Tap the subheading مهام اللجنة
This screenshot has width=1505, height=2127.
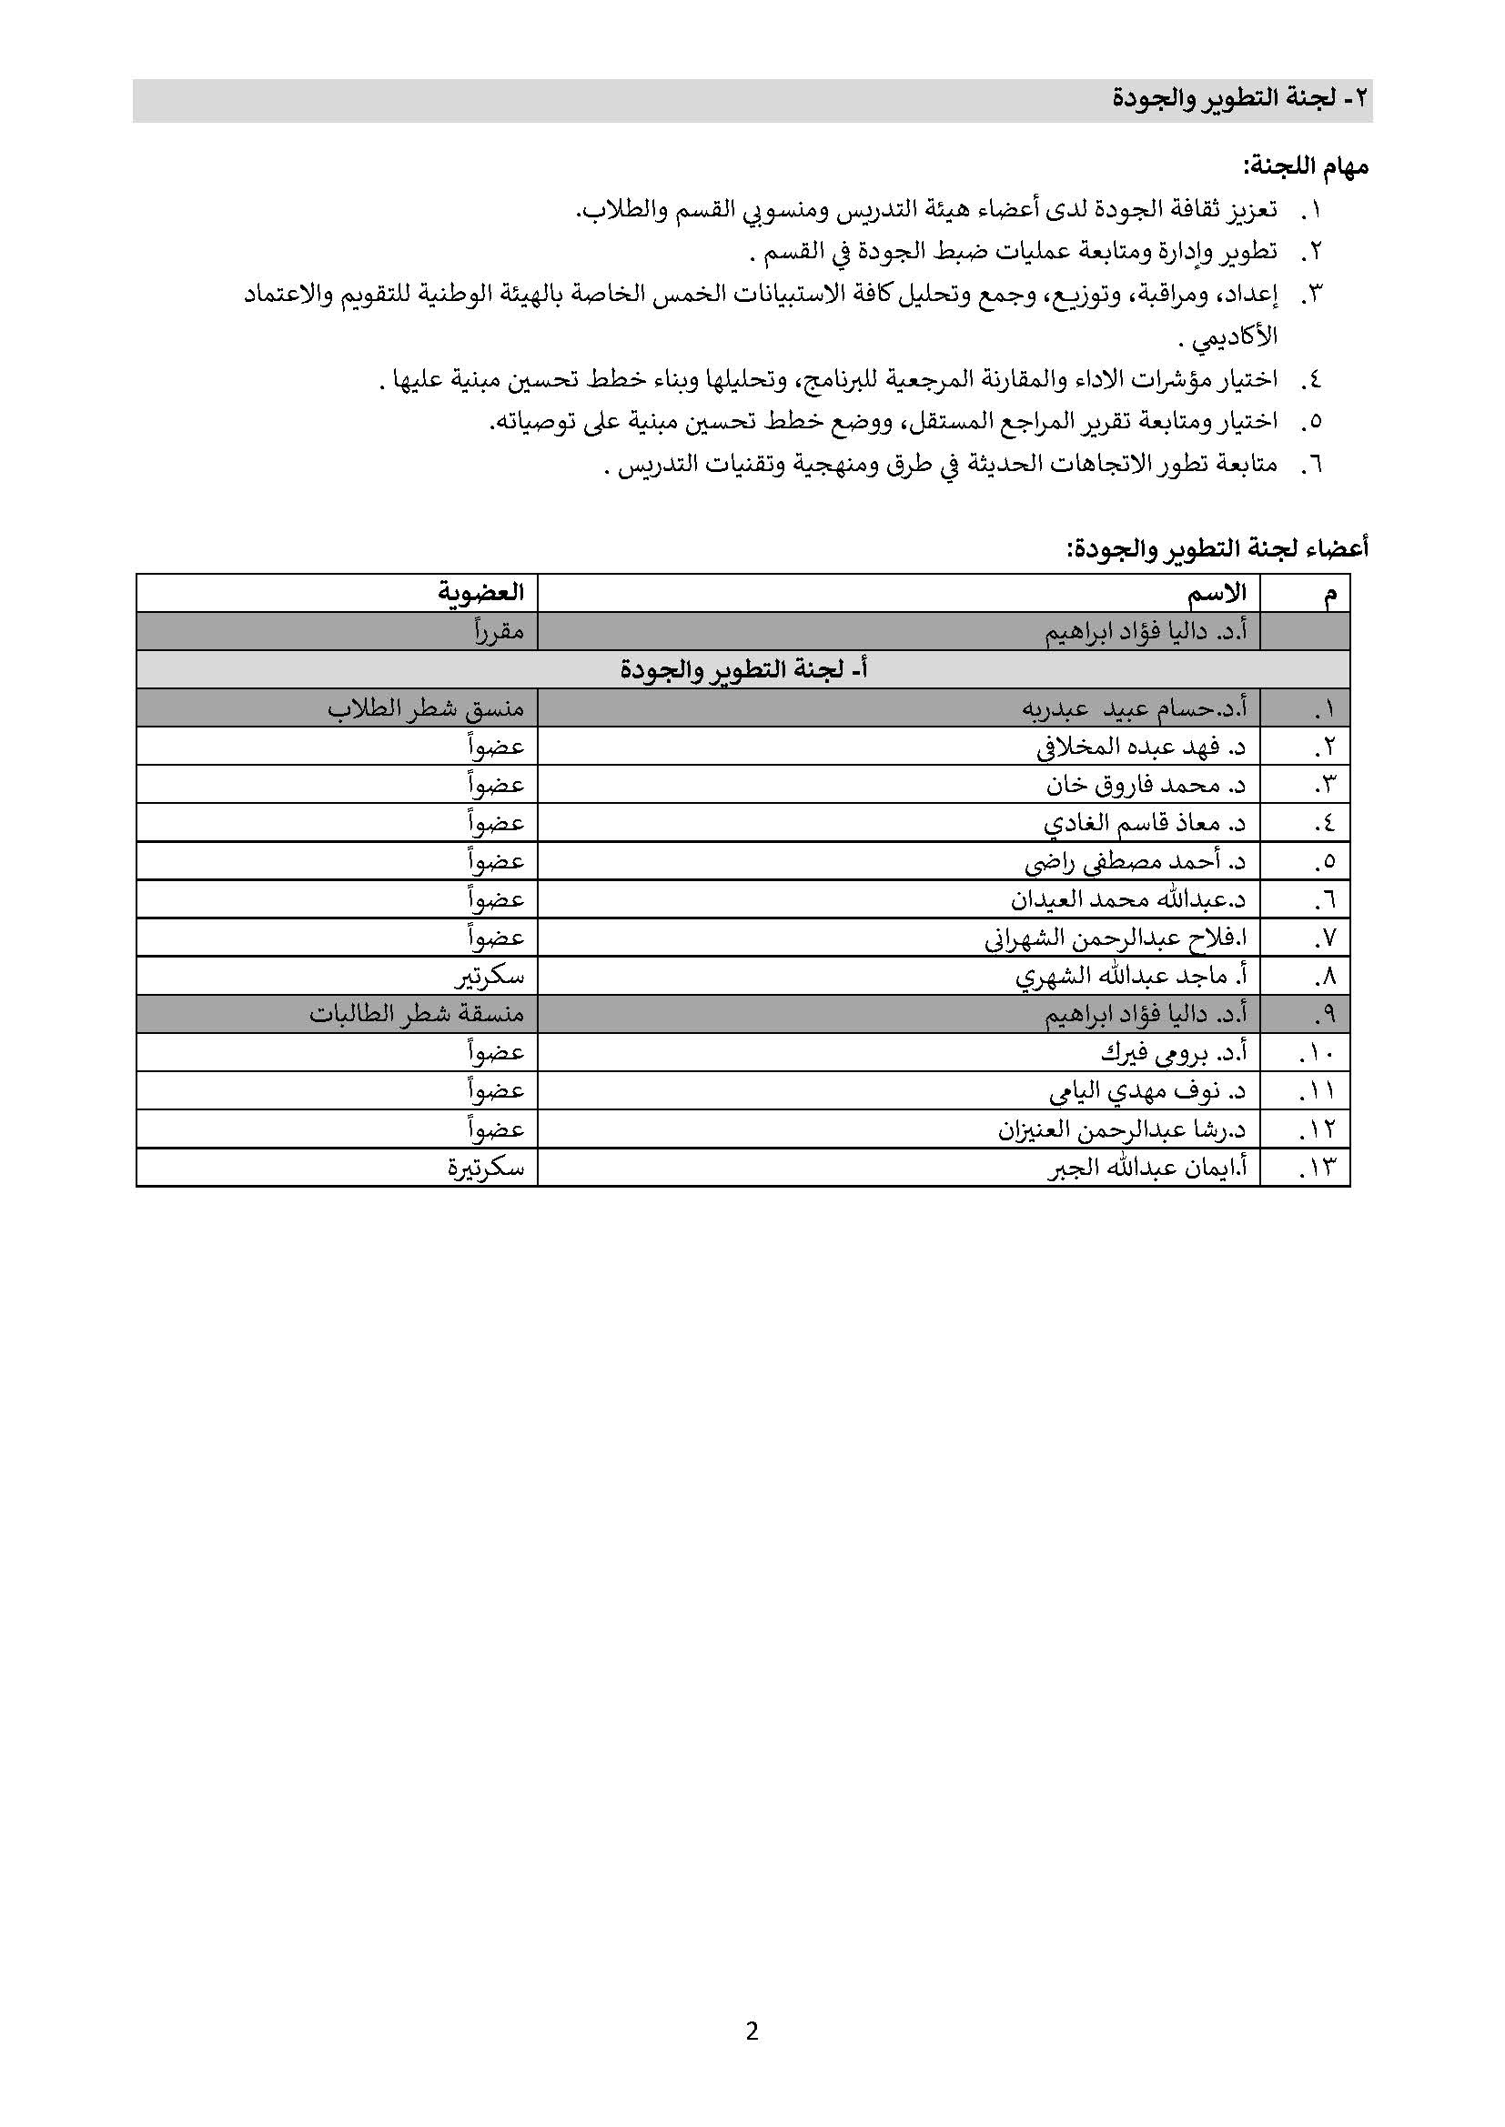[x=1306, y=167]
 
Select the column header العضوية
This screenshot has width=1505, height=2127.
[x=481, y=593]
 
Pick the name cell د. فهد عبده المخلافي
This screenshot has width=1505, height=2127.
[x=1141, y=747]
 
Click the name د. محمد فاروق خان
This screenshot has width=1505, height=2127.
[x=1146, y=786]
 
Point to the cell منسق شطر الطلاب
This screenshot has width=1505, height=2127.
[x=425, y=708]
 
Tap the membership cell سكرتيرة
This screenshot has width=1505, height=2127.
[x=486, y=1169]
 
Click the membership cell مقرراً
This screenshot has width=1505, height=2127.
[x=500, y=632]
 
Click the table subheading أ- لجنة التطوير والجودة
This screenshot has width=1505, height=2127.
[x=743, y=670]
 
